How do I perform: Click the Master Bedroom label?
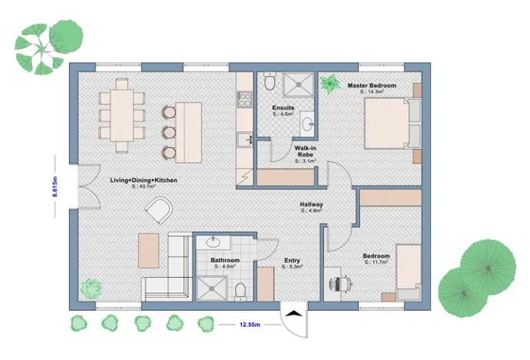click(x=372, y=86)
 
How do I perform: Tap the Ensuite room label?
click(x=283, y=108)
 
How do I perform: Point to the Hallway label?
click(x=311, y=205)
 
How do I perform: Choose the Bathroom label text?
click(x=225, y=260)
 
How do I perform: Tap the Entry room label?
click(x=292, y=260)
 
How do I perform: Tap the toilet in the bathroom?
click(x=240, y=289)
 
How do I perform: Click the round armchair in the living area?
click(x=161, y=210)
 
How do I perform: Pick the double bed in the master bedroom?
click(x=388, y=124)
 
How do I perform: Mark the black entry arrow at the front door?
click(x=293, y=312)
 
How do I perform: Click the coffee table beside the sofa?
click(x=149, y=250)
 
